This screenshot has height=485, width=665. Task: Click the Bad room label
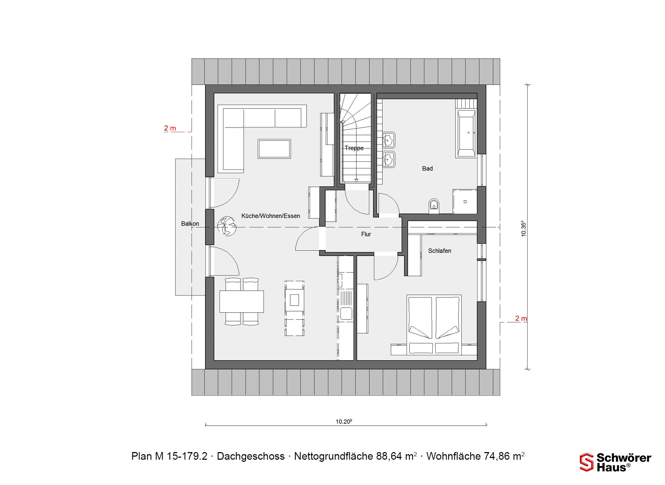(x=427, y=169)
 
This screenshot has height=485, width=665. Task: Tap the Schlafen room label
(x=440, y=251)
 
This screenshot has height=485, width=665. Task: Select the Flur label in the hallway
(x=366, y=234)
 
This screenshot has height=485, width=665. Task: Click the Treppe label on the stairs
(x=354, y=148)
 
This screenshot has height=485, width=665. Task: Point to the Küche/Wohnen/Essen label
(x=271, y=216)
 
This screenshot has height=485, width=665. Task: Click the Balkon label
(x=190, y=224)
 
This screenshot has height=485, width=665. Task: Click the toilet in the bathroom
(x=434, y=206)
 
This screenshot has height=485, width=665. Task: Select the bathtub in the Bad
(x=466, y=134)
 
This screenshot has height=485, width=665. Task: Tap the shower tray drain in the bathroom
(x=465, y=202)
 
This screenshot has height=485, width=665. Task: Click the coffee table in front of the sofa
(x=274, y=149)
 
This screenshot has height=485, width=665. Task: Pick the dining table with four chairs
(x=241, y=301)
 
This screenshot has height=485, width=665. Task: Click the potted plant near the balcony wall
(x=227, y=226)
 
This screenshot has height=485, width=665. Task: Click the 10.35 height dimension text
(x=523, y=229)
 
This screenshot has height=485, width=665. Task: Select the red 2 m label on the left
(x=170, y=128)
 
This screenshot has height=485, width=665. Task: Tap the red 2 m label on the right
(x=521, y=318)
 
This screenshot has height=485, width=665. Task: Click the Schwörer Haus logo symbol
(x=586, y=462)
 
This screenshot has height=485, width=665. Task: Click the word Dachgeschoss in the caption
(x=251, y=456)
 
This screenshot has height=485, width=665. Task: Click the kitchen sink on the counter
(x=346, y=314)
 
